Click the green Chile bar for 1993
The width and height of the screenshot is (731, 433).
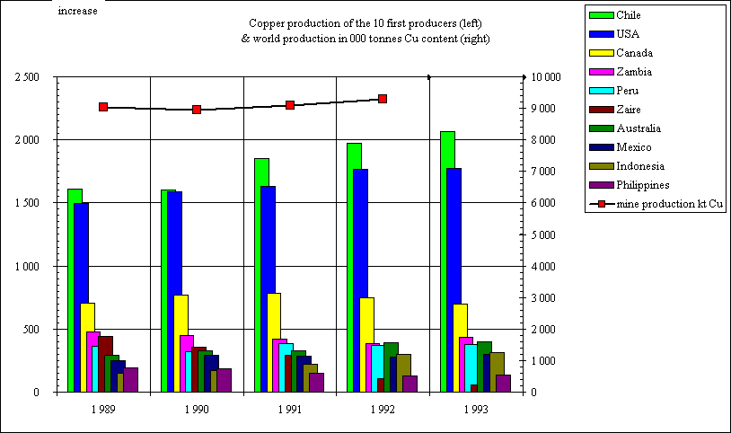447,261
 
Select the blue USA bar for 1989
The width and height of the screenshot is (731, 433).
81,296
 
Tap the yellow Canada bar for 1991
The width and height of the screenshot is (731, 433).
274,341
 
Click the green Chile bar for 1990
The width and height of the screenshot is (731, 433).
167,287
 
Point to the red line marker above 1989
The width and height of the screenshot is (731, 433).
103,107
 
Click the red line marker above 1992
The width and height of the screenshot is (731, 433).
383,99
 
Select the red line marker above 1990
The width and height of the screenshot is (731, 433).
197,110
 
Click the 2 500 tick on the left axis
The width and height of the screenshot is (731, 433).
27,77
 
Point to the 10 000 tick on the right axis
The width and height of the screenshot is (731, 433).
546,77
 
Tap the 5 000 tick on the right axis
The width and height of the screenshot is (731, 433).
543,235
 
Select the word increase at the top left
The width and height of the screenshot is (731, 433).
78,11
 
